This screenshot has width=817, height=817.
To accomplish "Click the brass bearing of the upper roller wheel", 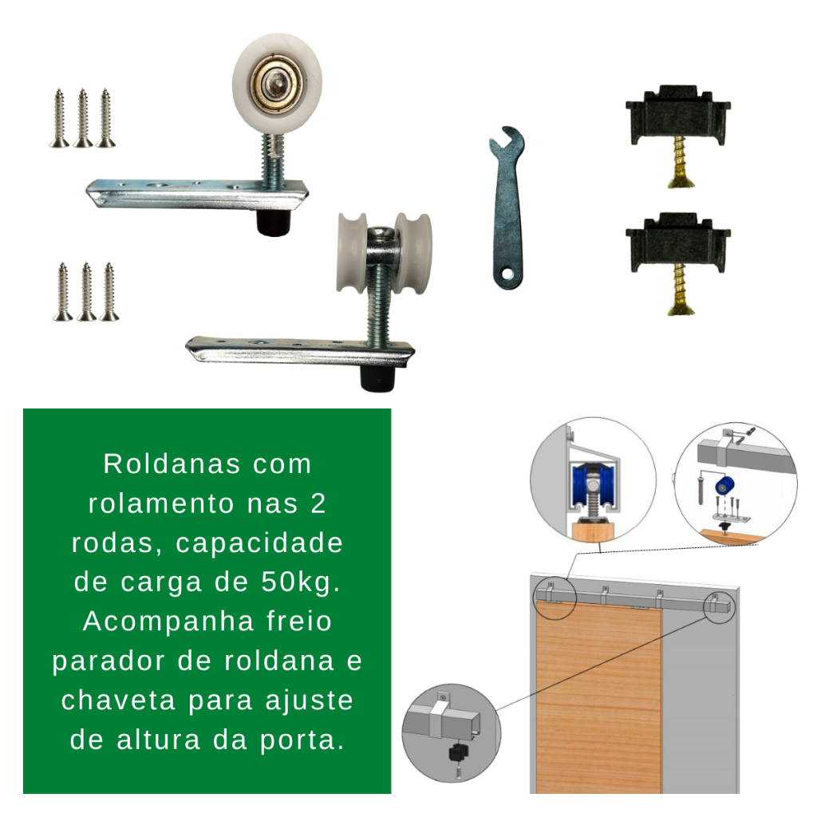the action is tap(276, 82).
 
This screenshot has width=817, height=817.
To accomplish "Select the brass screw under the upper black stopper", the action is tap(680, 161).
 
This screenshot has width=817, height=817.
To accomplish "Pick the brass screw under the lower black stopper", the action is tap(680, 290).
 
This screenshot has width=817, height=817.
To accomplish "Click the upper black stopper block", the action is tap(678, 115).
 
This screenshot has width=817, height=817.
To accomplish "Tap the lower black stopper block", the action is tap(678, 243).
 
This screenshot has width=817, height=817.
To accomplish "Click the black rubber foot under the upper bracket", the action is tap(274, 223).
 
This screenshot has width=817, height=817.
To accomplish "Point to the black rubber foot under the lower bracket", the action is tap(377, 377).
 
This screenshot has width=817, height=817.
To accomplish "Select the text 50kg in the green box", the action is tap(296, 582).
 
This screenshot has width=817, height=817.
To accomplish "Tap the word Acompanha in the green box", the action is tap(168, 621).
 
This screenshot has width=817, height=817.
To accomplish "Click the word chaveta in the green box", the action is tap(118, 700).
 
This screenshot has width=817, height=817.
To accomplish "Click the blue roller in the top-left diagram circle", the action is tap(594, 486).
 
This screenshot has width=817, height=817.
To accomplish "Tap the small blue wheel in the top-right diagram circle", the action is tap(724, 487).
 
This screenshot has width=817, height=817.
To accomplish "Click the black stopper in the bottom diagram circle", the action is tap(458, 752).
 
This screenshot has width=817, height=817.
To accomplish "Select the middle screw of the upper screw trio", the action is tap(83, 118).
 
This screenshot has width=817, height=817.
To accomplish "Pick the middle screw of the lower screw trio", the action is tap(86, 291).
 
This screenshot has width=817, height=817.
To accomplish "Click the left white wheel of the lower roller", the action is tap(352, 252).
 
